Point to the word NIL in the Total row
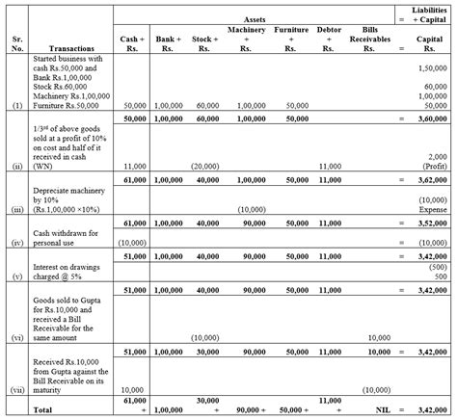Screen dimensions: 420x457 pyautogui.click(x=378, y=410)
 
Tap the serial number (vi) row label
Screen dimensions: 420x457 pyautogui.click(x=15, y=337)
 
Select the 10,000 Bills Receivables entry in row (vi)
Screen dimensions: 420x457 pyautogui.click(x=378, y=337)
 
